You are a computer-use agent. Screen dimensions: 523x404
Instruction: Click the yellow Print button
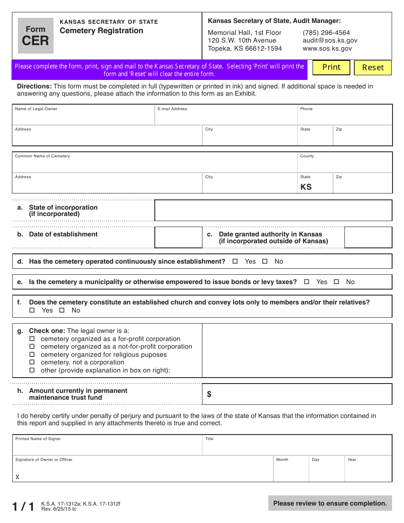click(331, 68)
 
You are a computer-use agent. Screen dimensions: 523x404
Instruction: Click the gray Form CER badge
click(36, 36)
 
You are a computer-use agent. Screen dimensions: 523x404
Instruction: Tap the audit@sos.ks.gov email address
click(330, 40)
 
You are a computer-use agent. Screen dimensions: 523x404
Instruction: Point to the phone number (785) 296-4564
click(326, 33)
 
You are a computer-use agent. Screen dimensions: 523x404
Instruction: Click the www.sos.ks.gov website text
click(327, 48)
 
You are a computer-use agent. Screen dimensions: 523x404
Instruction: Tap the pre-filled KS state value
click(306, 187)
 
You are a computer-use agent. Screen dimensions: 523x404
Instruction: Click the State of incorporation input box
click(273, 210)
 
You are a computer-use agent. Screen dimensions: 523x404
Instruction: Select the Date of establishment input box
click(178, 237)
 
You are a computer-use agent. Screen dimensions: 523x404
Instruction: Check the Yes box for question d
click(235, 261)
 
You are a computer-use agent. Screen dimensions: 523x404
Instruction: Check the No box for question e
click(336, 282)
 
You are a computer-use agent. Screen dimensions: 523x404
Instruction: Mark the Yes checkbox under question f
click(32, 310)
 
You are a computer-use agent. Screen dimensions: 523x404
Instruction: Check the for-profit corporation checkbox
click(32, 339)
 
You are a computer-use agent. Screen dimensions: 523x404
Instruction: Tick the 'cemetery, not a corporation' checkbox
click(32, 362)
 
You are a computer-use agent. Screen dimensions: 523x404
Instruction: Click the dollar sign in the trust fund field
click(209, 394)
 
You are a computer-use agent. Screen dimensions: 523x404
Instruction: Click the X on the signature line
click(17, 477)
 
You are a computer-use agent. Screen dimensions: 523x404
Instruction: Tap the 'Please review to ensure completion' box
click(330, 503)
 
